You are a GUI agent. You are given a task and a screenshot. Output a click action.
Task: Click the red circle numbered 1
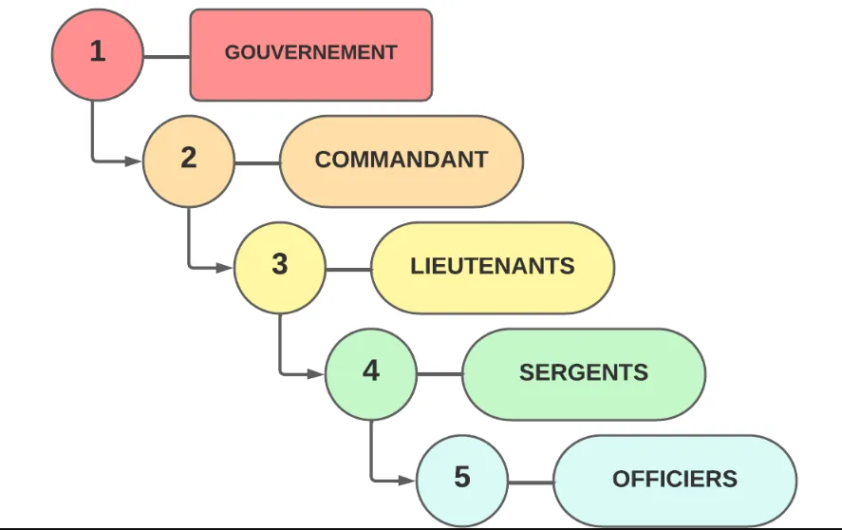[x=97, y=54]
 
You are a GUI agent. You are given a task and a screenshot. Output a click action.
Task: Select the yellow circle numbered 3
[x=279, y=267]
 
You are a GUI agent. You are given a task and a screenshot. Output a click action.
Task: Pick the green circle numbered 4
[x=370, y=373]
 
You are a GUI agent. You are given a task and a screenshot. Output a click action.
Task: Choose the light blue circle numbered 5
[x=461, y=480]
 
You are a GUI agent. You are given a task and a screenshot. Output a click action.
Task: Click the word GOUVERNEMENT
[x=310, y=53]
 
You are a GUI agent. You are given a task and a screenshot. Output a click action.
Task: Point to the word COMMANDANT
[x=402, y=160]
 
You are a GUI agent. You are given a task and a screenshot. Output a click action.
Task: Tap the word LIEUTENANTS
[x=493, y=266]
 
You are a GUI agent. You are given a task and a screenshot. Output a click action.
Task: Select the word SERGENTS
[x=584, y=372]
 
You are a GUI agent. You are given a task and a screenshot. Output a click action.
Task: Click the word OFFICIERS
[x=675, y=479]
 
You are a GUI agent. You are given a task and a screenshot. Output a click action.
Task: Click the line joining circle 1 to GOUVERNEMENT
[x=167, y=56]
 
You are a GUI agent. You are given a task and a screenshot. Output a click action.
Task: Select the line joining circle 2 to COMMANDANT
[x=257, y=162]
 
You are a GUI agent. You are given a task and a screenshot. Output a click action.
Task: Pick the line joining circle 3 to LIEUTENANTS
[x=348, y=269]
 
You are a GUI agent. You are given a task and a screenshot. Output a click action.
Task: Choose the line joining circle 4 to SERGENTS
[x=440, y=375]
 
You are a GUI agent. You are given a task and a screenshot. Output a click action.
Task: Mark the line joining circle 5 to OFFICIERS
[x=531, y=482]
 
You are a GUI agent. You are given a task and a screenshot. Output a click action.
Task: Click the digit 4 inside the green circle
[x=370, y=371]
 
